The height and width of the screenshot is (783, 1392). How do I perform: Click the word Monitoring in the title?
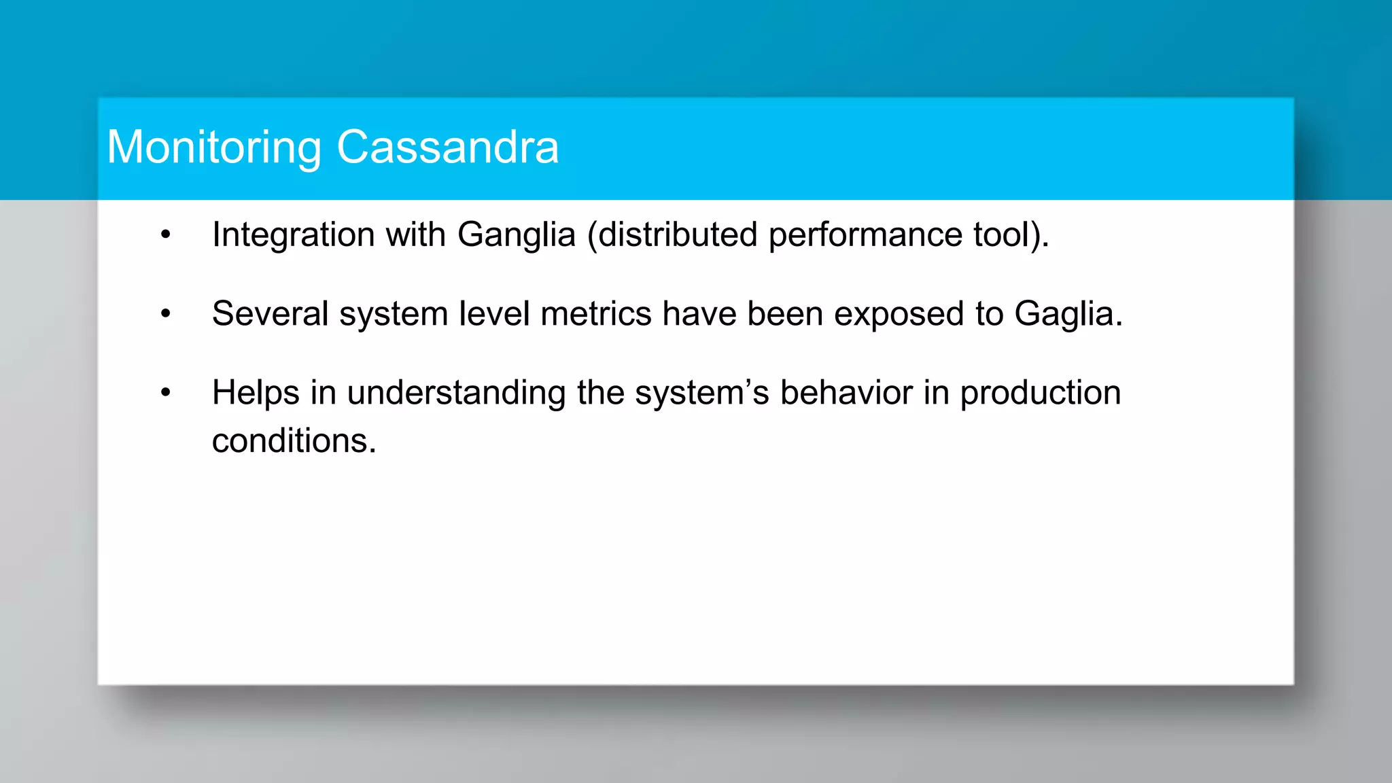(214, 147)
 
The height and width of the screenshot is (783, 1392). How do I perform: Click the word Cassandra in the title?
(447, 147)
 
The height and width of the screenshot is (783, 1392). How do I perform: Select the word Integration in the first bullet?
(293, 235)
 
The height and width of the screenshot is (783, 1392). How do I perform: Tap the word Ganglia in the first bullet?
(517, 235)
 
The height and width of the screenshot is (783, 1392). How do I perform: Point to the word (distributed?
(672, 235)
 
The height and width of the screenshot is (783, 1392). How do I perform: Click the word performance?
(865, 235)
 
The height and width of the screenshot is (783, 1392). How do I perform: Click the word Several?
(270, 314)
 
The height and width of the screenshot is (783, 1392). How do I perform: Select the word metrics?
(595, 314)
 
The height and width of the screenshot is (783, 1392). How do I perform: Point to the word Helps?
(256, 394)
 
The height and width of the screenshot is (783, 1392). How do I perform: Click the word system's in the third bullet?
(701, 394)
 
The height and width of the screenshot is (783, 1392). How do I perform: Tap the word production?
(1040, 394)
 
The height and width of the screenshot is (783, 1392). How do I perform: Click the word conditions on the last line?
(293, 441)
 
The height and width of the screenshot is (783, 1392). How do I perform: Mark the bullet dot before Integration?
(166, 235)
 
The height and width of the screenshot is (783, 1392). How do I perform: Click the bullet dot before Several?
(166, 314)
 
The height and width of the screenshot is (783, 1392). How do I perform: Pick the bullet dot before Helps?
(166, 393)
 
